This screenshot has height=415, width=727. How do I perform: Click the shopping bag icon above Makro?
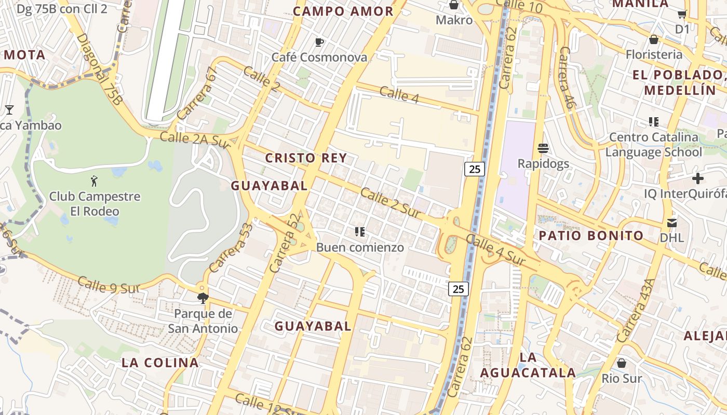[x=454, y=5]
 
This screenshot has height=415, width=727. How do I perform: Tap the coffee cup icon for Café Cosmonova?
[x=319, y=42]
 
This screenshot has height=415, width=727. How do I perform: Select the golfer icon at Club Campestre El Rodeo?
[x=94, y=181]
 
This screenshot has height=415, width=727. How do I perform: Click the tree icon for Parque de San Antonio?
[x=203, y=298]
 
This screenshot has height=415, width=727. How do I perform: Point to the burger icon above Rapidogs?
[x=543, y=149]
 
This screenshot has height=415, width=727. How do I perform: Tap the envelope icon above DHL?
[x=672, y=223]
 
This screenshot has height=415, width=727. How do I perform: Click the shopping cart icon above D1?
[x=682, y=15]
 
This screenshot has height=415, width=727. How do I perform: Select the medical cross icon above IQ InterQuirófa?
[x=698, y=178]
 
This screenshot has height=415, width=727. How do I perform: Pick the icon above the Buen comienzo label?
[x=359, y=232]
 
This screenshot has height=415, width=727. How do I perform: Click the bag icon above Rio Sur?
[x=622, y=363]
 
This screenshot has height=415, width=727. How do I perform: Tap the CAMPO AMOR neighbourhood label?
[x=343, y=11]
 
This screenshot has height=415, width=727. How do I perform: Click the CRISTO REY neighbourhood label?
[x=305, y=158]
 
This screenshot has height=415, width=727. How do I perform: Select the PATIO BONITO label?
[x=591, y=236]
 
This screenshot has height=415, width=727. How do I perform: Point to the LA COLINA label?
[x=160, y=363]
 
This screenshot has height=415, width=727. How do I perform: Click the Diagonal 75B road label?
[x=99, y=70]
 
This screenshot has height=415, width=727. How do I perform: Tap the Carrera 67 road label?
[x=195, y=93]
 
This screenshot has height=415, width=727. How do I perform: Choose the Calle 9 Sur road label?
[x=109, y=284]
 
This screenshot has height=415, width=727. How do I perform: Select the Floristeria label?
[x=654, y=54]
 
